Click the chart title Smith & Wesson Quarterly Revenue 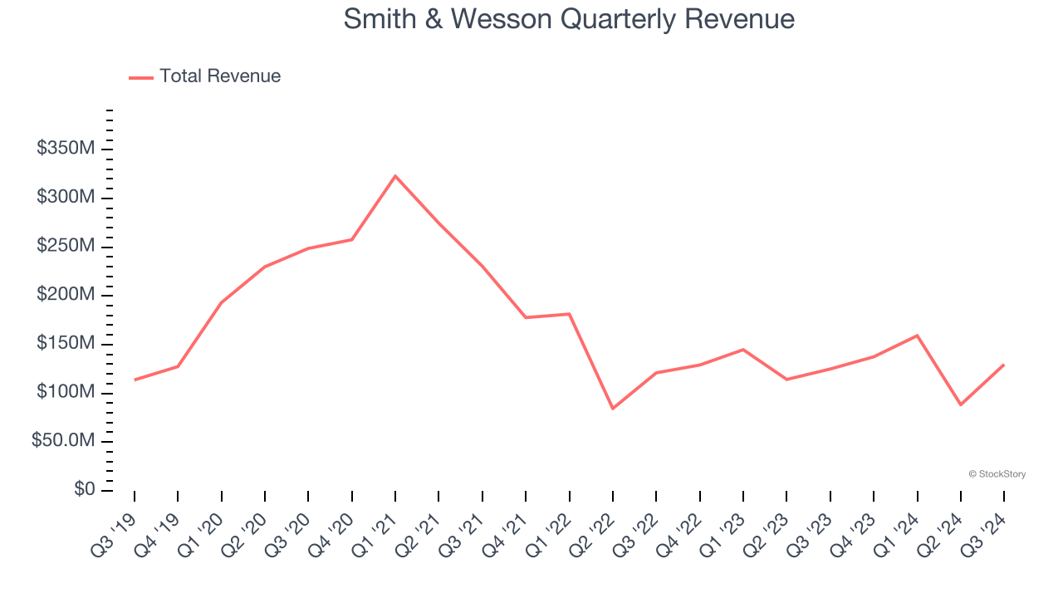(569, 19)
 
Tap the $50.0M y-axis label (63, 441)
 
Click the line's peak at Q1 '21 (395, 175)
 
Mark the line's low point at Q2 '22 (613, 409)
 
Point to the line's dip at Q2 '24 (961, 404)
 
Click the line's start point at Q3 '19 (135, 380)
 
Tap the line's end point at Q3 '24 (1004, 365)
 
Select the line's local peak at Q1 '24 (918, 336)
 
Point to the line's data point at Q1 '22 (570, 314)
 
